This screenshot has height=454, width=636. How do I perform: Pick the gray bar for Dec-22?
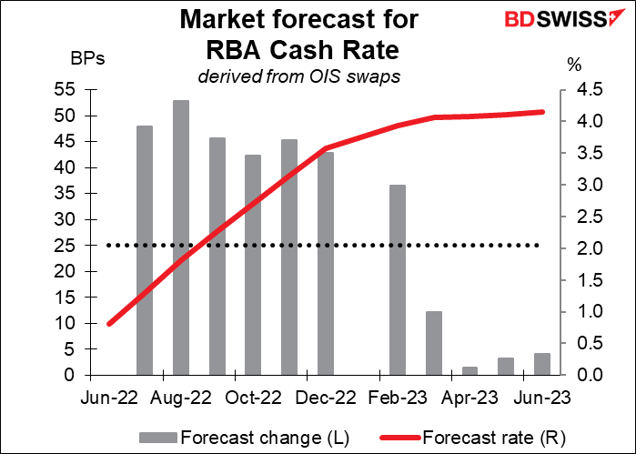point(326,264)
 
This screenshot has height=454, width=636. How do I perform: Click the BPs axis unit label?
point(88,60)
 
